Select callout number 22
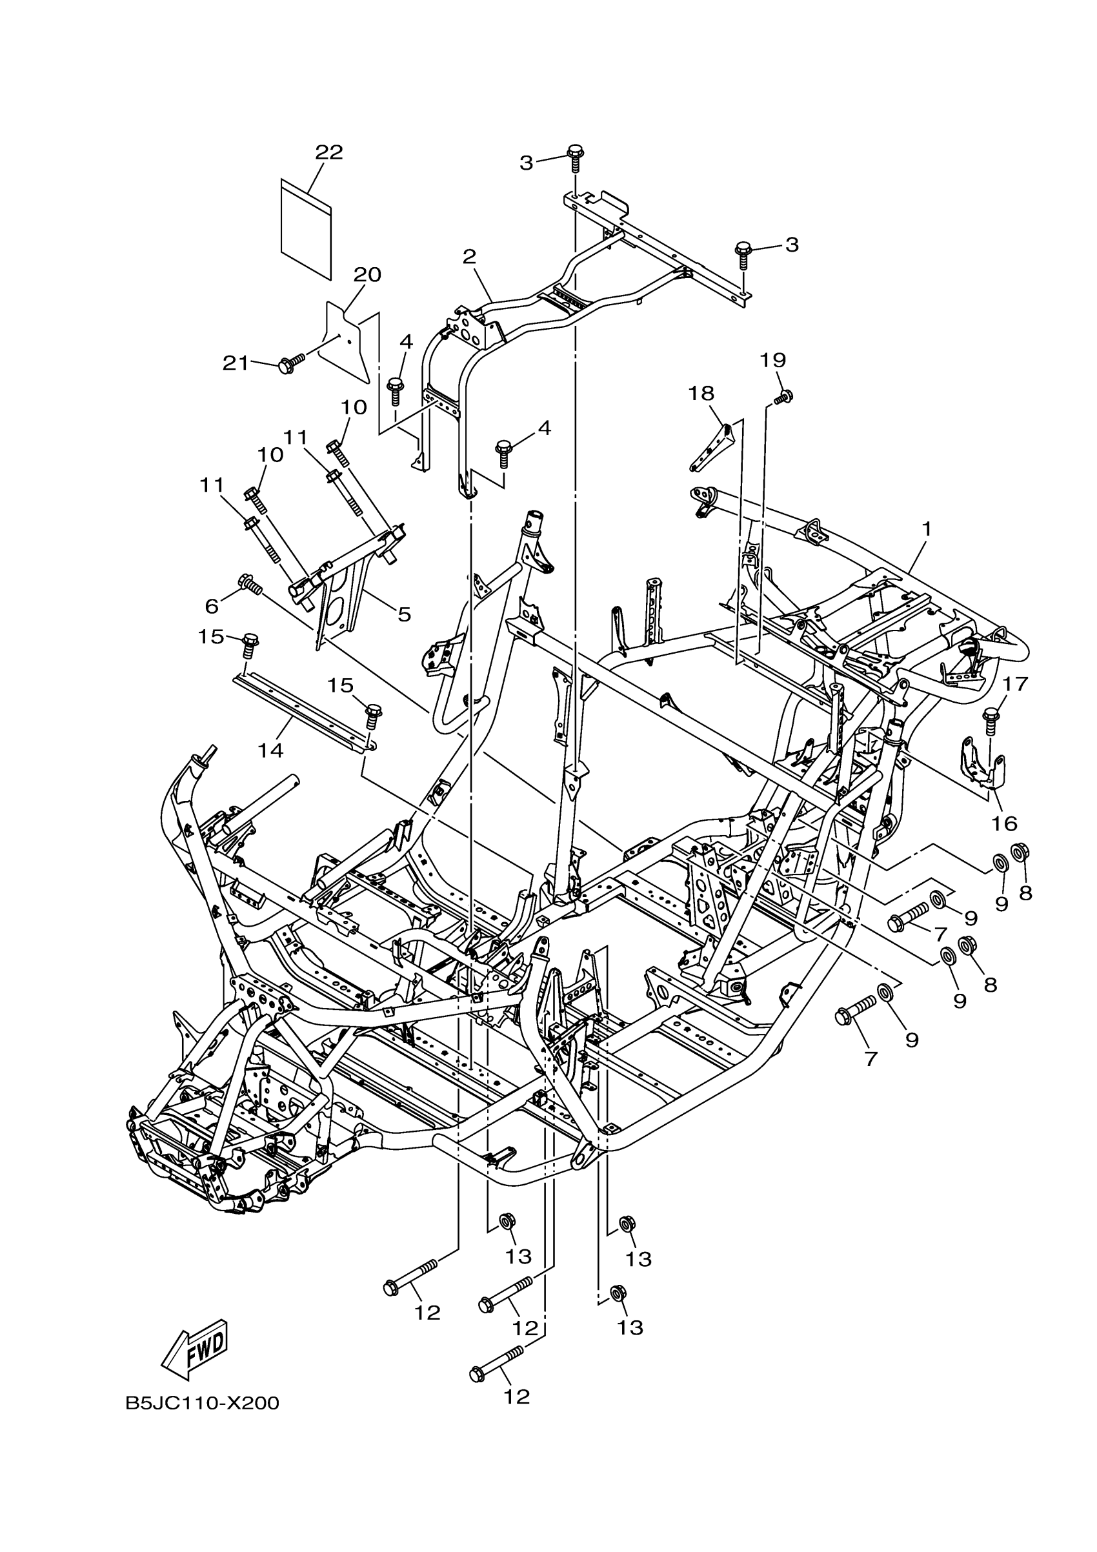(329, 152)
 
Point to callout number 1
(926, 528)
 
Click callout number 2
(469, 256)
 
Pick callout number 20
(367, 274)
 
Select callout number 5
(403, 614)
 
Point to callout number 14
(270, 750)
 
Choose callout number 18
(701, 393)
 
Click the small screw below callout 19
(784, 397)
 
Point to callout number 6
(212, 607)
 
